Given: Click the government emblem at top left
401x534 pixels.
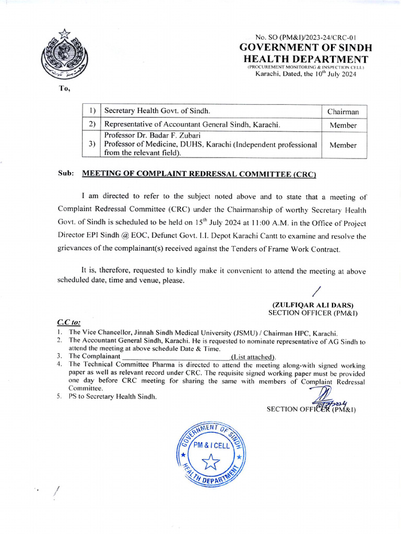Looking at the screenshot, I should click(65, 55).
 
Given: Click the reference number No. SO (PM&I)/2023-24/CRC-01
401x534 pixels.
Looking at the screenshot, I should click(305, 37).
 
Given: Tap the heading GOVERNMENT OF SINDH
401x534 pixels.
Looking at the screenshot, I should click(305, 47).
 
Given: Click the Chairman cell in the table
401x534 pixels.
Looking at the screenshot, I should click(343, 112).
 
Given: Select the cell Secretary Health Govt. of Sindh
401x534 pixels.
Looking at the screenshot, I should click(157, 111).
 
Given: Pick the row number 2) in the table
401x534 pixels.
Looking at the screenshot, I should click(92, 125).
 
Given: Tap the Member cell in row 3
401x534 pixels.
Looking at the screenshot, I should click(343, 145).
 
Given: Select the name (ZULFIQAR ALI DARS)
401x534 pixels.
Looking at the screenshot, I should click(313, 305).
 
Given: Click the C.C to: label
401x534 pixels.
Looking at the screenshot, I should click(68, 323).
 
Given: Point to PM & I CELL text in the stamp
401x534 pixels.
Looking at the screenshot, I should click(211, 445).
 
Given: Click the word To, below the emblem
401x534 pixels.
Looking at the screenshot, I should click(64, 89).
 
